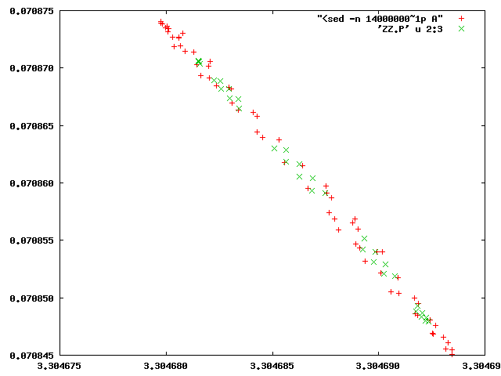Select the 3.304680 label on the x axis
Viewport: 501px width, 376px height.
[166, 366]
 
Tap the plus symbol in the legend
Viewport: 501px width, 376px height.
[462, 17]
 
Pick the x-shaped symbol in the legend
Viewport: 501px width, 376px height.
[462, 28]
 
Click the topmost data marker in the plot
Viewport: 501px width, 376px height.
[160, 22]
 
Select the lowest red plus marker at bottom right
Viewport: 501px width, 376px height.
[452, 353]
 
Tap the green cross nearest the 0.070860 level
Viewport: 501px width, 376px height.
[313, 179]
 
